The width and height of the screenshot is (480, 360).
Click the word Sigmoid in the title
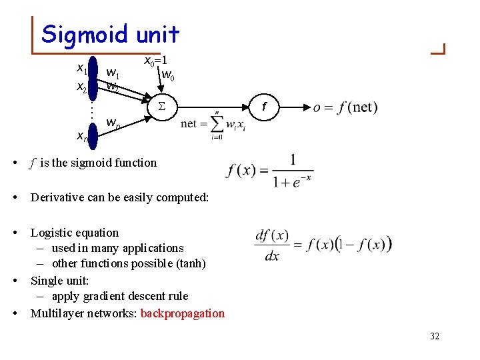[79, 34]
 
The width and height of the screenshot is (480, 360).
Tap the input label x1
[82, 68]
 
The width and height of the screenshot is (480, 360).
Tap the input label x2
[82, 87]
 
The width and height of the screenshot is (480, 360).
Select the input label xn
[82, 137]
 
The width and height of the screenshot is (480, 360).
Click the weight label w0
[169, 74]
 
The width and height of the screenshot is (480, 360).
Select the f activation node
[264, 106]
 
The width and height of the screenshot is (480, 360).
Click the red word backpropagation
[183, 313]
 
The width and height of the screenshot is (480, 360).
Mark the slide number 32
[435, 336]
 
